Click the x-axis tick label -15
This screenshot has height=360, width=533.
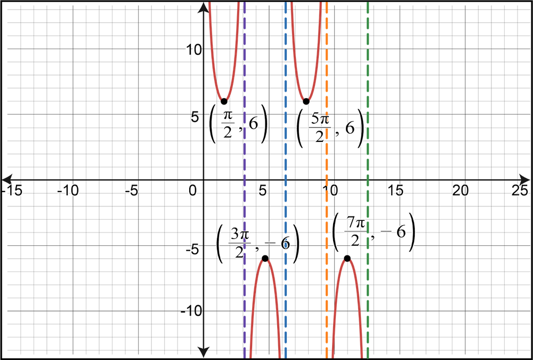(13, 190)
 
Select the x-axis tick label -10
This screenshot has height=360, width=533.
(68, 190)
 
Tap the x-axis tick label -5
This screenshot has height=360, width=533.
(131, 190)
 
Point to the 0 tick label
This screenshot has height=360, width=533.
(192, 190)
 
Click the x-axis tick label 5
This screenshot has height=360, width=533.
(262, 190)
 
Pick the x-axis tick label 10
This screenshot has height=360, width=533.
(332, 190)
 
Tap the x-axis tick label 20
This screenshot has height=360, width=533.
(461, 190)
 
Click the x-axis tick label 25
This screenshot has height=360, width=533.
(520, 190)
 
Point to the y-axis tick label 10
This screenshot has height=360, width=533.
(192, 53)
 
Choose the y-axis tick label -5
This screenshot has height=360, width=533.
(192, 249)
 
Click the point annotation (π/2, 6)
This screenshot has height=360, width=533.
(237, 127)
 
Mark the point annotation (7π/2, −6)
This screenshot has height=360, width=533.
(373, 233)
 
